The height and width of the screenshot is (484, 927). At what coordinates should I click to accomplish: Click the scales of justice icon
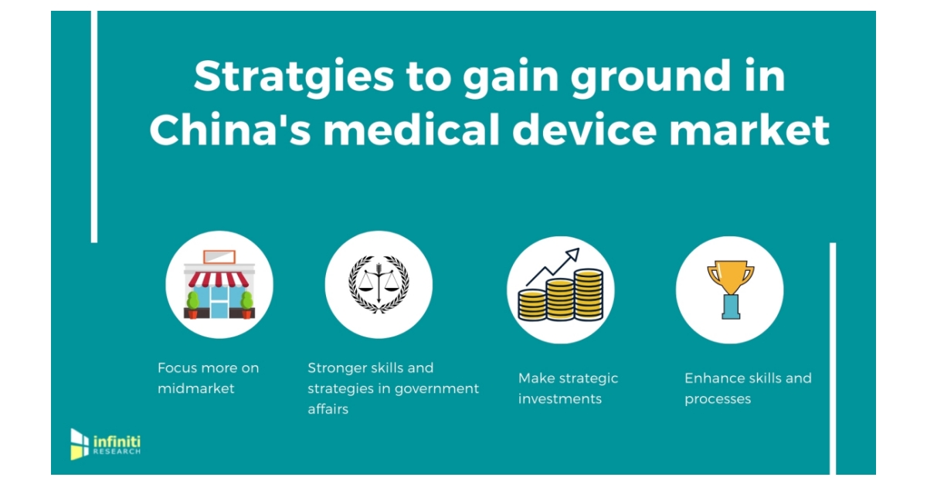point(379,285)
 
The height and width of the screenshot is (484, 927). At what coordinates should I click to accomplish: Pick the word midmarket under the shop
point(196,388)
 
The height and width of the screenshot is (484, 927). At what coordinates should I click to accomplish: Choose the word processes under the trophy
point(718,399)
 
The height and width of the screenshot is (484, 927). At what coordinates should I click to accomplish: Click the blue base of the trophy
point(730,308)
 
